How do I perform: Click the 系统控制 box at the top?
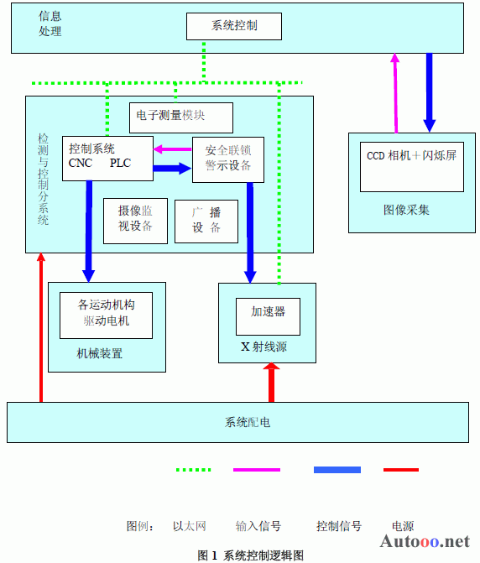234,26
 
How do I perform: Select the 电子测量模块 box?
181,117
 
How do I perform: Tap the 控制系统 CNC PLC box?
107,159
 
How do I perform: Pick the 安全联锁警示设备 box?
228,159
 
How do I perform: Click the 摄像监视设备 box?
135,222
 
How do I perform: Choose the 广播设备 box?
206,222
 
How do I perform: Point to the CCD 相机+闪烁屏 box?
412,167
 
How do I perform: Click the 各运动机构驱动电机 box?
106,315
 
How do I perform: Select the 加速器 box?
268,316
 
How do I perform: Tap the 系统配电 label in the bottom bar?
248,422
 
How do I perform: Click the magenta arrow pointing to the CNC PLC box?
173,149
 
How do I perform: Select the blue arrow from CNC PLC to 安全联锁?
173,168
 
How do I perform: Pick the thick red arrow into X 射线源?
271,383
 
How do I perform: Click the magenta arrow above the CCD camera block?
395,93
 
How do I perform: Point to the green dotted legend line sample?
194,470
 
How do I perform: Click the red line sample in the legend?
401,470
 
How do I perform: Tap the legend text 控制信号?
338,526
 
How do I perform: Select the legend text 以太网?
190,526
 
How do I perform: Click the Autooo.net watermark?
425,541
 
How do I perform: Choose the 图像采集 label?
406,210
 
